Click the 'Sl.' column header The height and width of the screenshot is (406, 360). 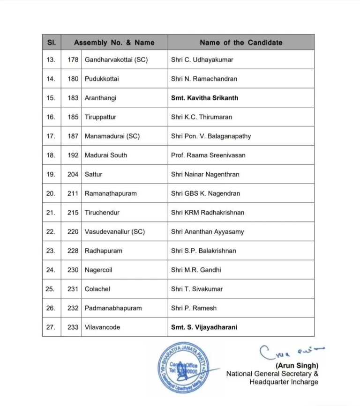[x=52, y=43]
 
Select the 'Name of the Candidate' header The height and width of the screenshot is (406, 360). [x=241, y=43]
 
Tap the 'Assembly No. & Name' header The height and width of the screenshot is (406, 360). [x=114, y=43]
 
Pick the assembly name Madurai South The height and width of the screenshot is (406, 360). [x=105, y=155]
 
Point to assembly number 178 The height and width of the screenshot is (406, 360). [x=73, y=59]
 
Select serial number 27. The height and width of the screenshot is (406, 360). [x=51, y=327]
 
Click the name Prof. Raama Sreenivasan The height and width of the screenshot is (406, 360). [x=208, y=155]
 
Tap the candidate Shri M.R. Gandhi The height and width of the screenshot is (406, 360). [x=196, y=270]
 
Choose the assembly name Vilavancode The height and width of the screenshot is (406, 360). [x=102, y=327]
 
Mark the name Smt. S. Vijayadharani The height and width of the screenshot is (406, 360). [x=204, y=327]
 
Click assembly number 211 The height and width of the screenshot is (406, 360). [x=73, y=193]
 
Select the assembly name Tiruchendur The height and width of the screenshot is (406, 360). [x=102, y=213]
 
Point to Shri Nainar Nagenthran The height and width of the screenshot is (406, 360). [x=205, y=174]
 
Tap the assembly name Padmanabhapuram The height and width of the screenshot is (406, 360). [x=113, y=308]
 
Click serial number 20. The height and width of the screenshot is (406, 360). [x=51, y=193]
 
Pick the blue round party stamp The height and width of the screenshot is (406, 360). [x=183, y=366]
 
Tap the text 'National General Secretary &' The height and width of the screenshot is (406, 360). [x=272, y=374]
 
